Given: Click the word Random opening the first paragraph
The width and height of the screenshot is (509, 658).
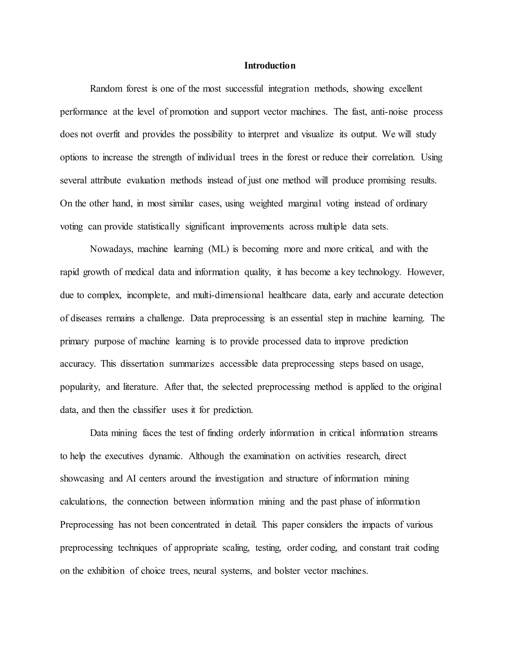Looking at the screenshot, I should pos(106,89).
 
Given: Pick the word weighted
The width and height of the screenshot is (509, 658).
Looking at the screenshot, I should pos(266,203).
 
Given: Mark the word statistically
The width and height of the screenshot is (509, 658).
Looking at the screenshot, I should pos(159,226).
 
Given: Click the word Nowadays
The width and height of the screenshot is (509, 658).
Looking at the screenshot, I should pos(111,249).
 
